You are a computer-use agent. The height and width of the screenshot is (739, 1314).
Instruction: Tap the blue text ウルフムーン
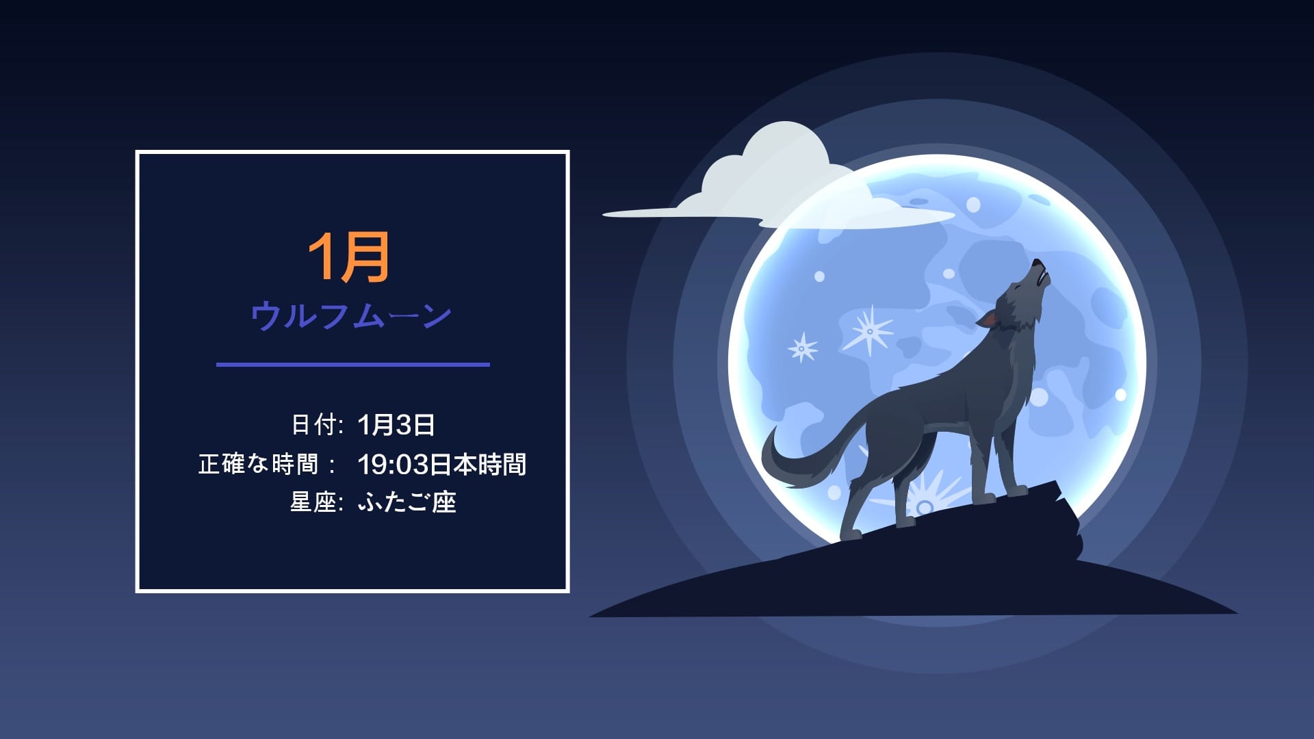tap(350, 316)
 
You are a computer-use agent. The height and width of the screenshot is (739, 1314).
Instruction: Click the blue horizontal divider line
tap(352, 365)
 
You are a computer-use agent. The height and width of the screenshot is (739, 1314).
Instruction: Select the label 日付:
tap(317, 425)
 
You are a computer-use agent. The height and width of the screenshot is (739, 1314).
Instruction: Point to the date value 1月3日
tap(396, 425)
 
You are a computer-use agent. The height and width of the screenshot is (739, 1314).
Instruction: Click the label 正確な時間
tap(259, 465)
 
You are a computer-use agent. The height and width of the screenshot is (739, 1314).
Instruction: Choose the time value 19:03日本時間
tap(441, 465)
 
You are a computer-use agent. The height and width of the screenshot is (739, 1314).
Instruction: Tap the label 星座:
tap(316, 503)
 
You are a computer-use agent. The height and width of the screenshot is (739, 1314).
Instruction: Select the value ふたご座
tap(407, 503)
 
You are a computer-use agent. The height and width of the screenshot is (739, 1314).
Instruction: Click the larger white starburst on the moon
tap(869, 331)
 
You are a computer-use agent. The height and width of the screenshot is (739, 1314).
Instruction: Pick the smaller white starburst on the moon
tap(803, 348)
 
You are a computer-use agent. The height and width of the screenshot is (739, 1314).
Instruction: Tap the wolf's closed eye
tap(1018, 288)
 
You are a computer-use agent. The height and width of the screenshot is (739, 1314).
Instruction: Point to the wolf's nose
tap(1036, 263)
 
